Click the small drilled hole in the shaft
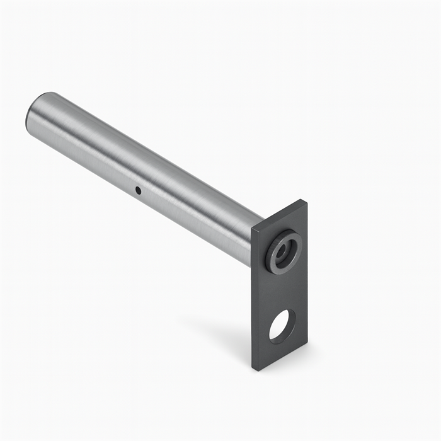tap(138, 190)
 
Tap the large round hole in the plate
tap(282, 326)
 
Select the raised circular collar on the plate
tap(283, 252)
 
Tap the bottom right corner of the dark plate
tap(307, 344)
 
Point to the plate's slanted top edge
tap(279, 214)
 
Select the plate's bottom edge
tap(280, 357)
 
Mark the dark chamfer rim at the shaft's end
tap(29, 117)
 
